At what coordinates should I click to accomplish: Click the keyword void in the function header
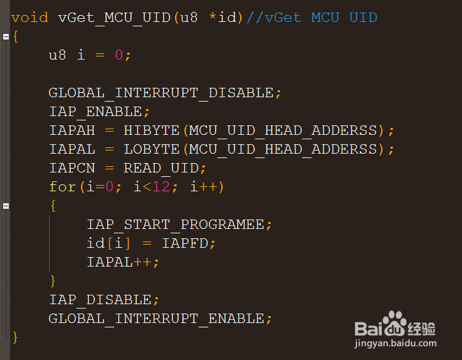click(x=29, y=18)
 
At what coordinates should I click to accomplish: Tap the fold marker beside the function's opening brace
click(x=6, y=36)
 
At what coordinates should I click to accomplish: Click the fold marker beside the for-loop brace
click(x=6, y=206)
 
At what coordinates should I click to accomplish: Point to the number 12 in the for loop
click(x=161, y=187)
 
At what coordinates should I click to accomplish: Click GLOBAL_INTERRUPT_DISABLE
click(x=161, y=93)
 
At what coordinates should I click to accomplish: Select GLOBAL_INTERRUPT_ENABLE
click(x=157, y=319)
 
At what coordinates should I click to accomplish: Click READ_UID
click(x=161, y=168)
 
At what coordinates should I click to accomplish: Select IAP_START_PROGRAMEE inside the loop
click(x=176, y=225)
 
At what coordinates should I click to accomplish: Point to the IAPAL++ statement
click(x=119, y=262)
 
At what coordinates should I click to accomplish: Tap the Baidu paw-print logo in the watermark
click(x=395, y=324)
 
